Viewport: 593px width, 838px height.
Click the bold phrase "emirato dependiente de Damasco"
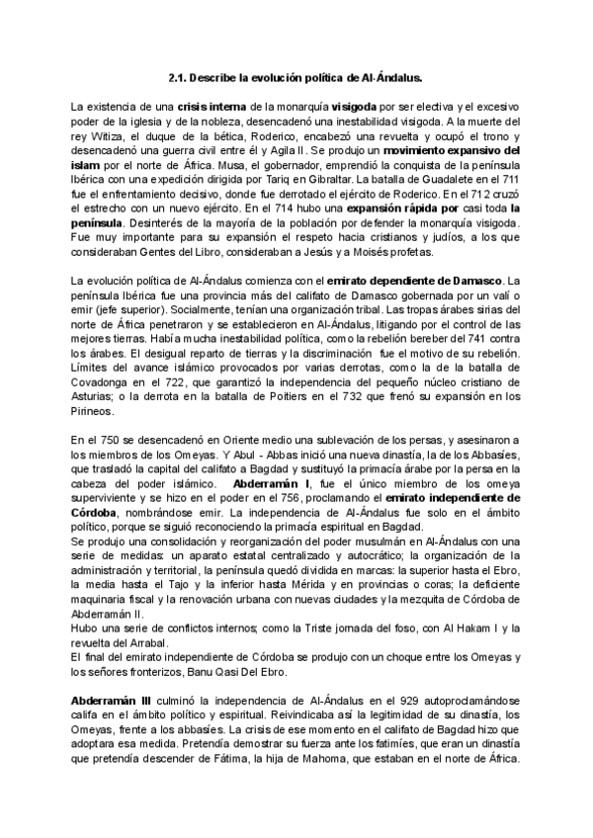coord(419,283)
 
